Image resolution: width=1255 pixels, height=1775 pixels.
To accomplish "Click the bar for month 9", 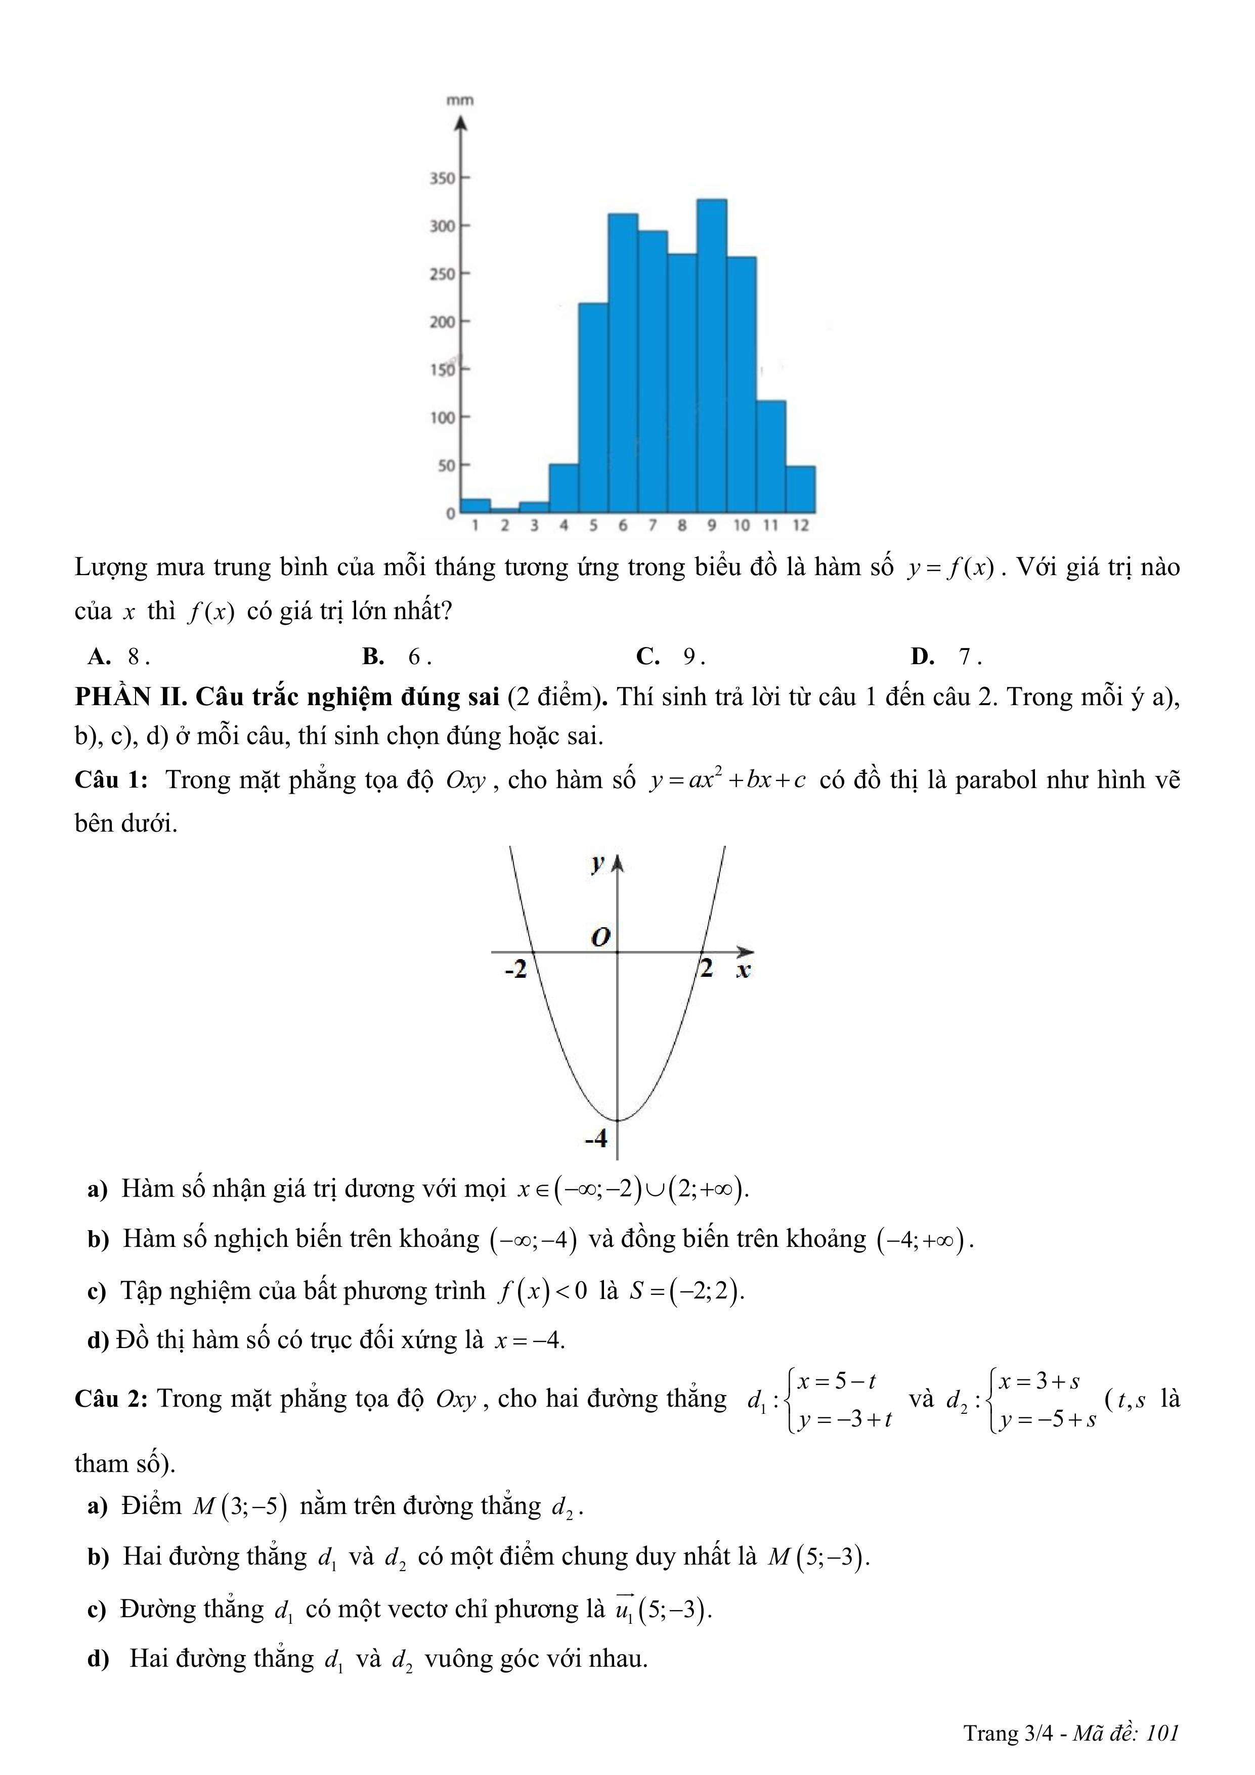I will pyautogui.click(x=711, y=356).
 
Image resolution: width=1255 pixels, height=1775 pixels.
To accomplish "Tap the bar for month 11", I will pyautogui.click(x=770, y=456).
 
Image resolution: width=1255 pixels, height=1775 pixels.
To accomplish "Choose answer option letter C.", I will pyautogui.click(x=647, y=657).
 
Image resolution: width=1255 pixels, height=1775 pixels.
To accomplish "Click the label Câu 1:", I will pyautogui.click(x=111, y=780).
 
